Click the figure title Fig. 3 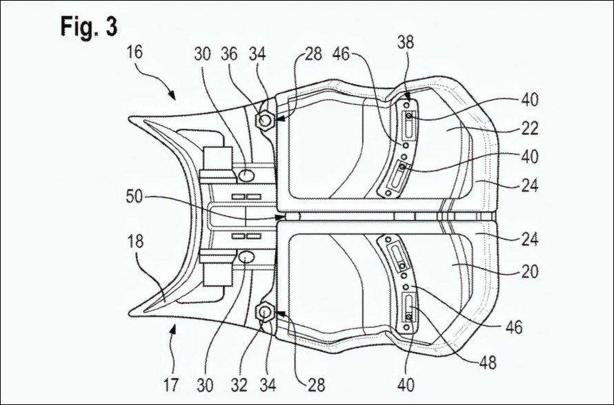point(88,26)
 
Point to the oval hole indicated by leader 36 point(246,176)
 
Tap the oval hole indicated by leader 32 point(246,257)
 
